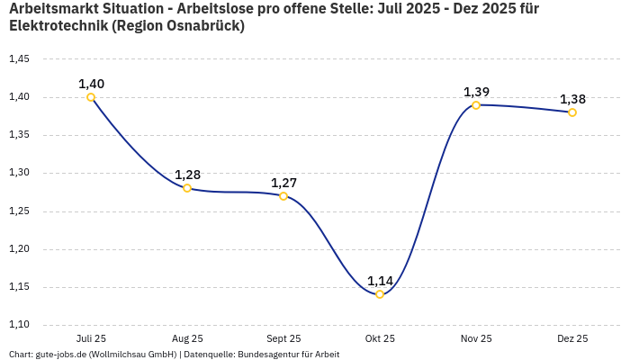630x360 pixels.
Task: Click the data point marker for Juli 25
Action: coord(91,97)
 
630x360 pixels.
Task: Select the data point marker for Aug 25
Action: coord(187,188)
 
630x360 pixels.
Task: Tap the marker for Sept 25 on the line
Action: coord(283,196)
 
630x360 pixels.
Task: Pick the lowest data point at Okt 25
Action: coord(380,294)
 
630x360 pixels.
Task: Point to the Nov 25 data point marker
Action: coord(476,105)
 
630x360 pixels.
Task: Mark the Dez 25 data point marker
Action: coord(572,112)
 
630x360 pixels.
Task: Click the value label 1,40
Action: coord(91,84)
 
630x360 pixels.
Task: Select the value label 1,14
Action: coord(380,281)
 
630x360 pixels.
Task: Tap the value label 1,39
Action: coord(476,92)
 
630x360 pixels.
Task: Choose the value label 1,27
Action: coord(283,183)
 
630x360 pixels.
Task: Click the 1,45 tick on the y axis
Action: coord(19,59)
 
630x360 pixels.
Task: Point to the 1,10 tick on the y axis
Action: coord(19,325)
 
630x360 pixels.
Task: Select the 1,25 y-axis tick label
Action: coord(19,211)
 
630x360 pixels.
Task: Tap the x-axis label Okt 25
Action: coord(380,339)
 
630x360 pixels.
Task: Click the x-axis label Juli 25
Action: coord(91,339)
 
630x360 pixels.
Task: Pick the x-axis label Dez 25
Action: coord(572,339)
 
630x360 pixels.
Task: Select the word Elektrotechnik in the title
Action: coord(58,26)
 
